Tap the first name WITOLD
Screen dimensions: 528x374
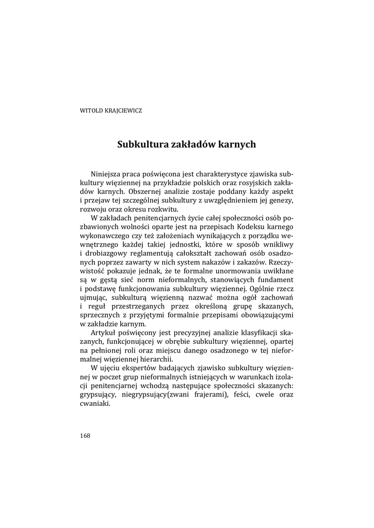point(91,110)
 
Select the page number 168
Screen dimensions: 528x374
point(85,435)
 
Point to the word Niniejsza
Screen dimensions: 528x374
point(107,173)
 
